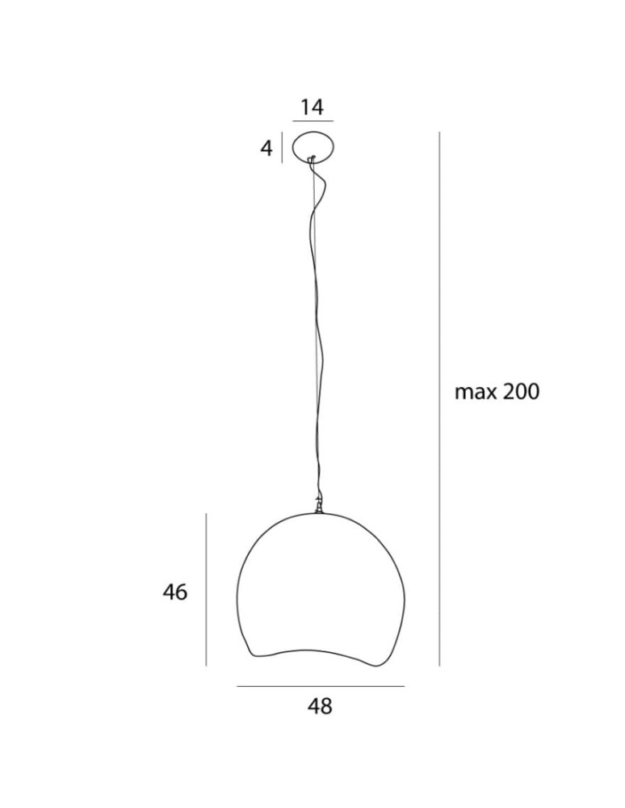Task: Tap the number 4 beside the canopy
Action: coord(266,149)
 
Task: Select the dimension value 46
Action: coord(175,592)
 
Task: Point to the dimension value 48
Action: coord(320,706)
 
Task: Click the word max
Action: coord(474,393)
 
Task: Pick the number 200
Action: coord(518,393)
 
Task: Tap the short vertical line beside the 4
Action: coord(281,148)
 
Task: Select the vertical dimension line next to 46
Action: coord(207,590)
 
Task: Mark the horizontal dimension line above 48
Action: coord(320,687)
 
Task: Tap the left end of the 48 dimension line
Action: coord(237,687)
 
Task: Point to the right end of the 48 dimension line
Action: coord(404,687)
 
